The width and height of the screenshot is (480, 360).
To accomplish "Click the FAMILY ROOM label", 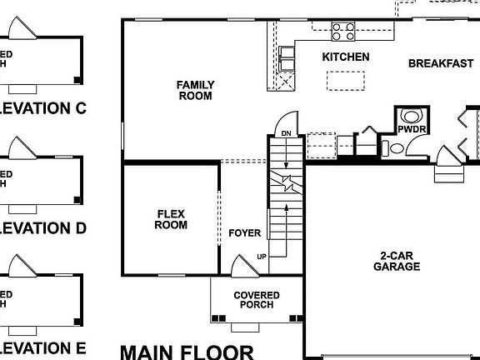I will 195,90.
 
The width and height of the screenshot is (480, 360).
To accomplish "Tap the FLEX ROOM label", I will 172,219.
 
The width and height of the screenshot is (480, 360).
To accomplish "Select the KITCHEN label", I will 346,57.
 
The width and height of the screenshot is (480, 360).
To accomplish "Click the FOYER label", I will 244,233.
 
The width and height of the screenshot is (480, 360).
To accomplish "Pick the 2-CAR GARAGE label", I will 396,261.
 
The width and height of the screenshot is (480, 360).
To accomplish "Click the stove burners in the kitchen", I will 342,32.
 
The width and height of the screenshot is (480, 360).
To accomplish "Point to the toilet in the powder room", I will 411,117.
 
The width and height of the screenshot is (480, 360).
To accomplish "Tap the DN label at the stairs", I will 286,133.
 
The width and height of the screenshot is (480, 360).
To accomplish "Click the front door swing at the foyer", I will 244,267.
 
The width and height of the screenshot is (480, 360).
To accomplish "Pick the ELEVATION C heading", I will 43,107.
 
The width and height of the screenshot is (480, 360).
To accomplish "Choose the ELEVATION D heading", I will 43,227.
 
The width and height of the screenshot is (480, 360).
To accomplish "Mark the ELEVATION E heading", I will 43,347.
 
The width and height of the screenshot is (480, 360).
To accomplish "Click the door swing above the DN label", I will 285,121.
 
